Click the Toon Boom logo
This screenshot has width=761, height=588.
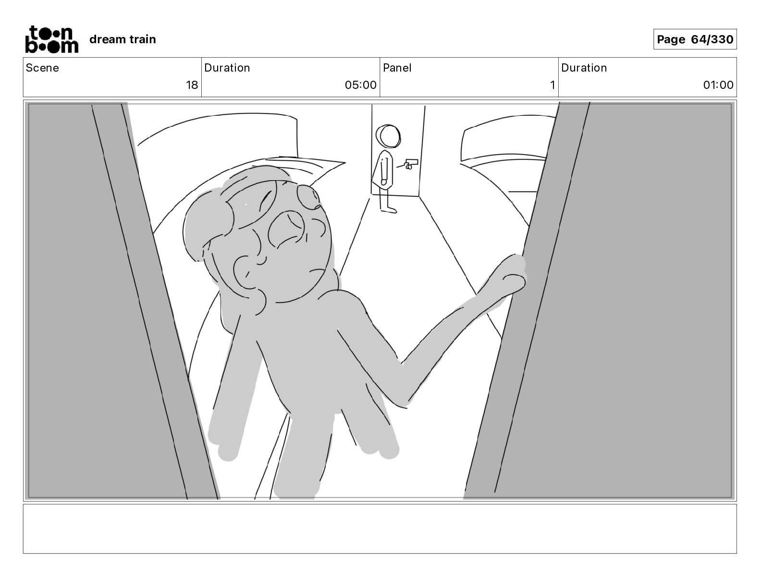pyautogui.click(x=52, y=39)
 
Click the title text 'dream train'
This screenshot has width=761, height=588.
pyautogui.click(x=123, y=39)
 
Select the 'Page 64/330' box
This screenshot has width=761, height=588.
pyautogui.click(x=695, y=39)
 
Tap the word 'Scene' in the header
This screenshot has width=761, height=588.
pyautogui.click(x=42, y=68)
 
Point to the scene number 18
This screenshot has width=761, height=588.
pyautogui.click(x=192, y=85)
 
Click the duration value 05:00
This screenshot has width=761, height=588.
pyautogui.click(x=360, y=85)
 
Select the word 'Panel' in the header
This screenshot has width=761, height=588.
pyautogui.click(x=397, y=68)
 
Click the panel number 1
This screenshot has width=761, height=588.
pyautogui.click(x=552, y=85)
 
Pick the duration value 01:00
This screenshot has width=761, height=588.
pyautogui.click(x=718, y=85)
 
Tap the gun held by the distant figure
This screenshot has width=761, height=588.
pyautogui.click(x=411, y=164)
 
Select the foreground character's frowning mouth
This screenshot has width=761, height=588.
pyautogui.click(x=317, y=272)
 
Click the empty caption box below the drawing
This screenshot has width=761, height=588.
pyautogui.click(x=380, y=529)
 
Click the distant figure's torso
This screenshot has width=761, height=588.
pyautogui.click(x=384, y=170)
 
